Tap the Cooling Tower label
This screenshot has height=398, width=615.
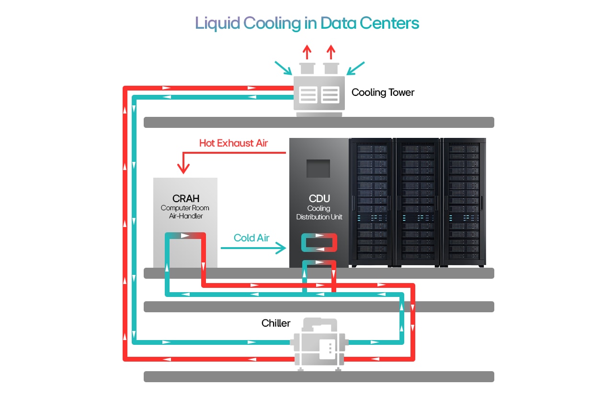coord(383,92)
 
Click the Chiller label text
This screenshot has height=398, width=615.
coord(276,323)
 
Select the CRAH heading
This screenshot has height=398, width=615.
coord(185,198)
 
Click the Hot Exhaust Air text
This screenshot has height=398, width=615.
coord(233,143)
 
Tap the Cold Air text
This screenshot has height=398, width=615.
coord(251,238)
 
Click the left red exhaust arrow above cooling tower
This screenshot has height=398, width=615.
coord(307,52)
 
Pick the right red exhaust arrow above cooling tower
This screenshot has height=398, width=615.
coord(330,52)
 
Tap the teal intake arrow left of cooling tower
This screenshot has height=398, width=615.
coord(284,68)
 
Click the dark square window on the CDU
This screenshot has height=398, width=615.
coord(319,169)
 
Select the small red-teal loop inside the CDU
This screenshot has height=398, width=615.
coord(319,243)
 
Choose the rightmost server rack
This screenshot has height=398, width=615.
coord(463,201)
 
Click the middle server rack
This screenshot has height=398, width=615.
coord(417,201)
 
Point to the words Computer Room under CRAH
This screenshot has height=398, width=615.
coord(185,208)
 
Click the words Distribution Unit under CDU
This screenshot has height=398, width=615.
coord(319,217)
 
